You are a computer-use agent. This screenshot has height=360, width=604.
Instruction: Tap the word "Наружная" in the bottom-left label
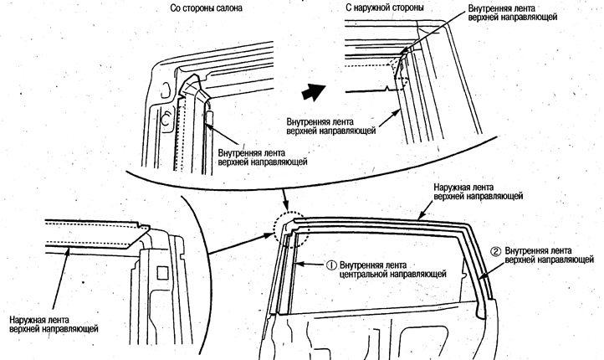point(29,320)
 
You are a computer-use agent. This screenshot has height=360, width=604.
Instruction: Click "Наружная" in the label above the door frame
point(455,187)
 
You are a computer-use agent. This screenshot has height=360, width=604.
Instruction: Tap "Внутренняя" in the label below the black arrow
point(311,121)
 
